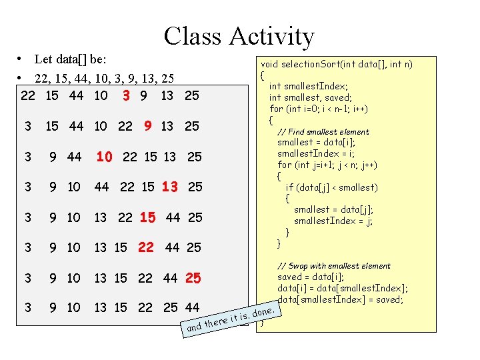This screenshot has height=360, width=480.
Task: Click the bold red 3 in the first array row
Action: (x=126, y=96)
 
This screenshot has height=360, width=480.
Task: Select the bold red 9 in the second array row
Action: (x=148, y=126)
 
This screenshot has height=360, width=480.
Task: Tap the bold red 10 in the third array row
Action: (x=104, y=157)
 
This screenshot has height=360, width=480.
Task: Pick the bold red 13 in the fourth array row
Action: (x=170, y=187)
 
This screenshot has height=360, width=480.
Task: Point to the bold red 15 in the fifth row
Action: (x=148, y=217)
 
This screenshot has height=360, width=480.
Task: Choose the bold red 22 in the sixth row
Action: (x=146, y=247)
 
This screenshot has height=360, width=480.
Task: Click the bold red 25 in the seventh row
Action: (x=193, y=278)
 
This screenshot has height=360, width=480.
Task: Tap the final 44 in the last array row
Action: (x=192, y=307)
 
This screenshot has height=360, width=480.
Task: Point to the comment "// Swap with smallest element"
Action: (x=334, y=265)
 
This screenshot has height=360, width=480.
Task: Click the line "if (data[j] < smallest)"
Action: (x=331, y=187)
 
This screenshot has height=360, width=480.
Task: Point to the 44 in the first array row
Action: (x=76, y=96)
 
